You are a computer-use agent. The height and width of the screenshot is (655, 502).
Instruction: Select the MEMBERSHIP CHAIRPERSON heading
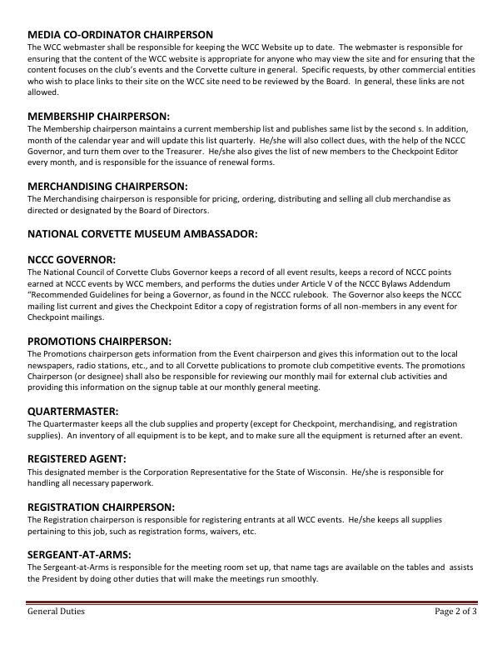(98, 116)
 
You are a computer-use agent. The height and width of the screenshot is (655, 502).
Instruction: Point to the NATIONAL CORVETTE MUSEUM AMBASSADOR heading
(142, 234)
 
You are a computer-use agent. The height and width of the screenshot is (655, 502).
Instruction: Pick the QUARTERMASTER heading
(72, 411)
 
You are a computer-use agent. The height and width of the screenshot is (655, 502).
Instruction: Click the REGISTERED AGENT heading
(77, 458)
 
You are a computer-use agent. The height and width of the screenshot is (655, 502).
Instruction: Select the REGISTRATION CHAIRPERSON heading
(101, 506)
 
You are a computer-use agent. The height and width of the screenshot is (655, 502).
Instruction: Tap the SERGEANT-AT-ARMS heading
(79, 553)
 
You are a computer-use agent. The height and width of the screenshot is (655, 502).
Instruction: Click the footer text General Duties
(56, 612)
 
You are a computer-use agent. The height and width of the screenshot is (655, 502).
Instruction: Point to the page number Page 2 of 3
(455, 612)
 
